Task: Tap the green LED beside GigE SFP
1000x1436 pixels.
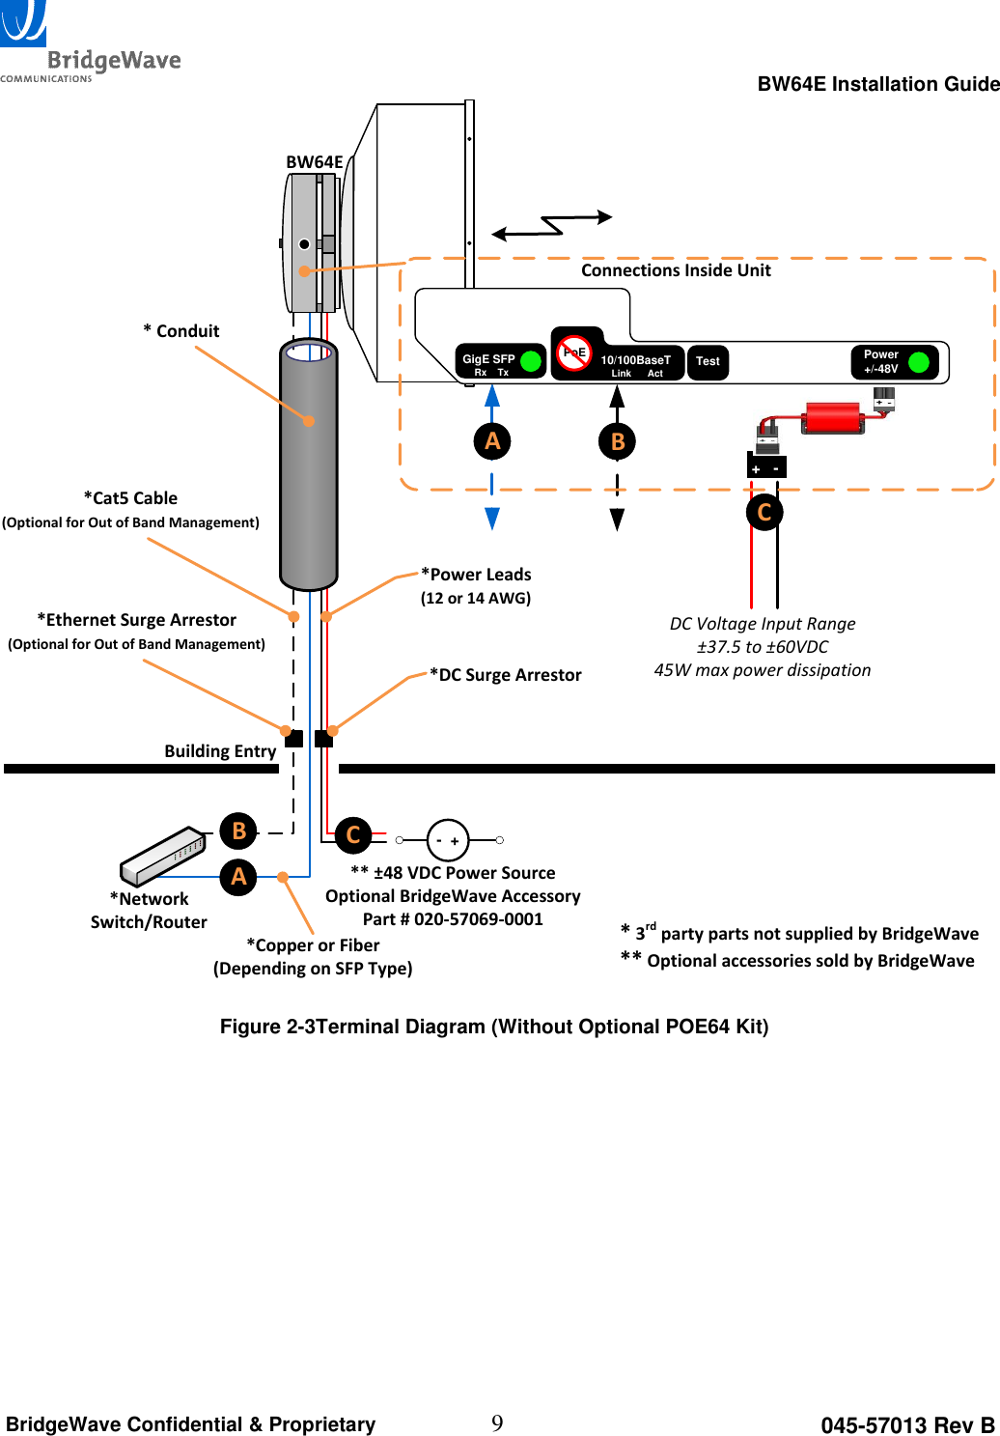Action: coord(530,361)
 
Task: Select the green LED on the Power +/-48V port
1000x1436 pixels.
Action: coord(918,362)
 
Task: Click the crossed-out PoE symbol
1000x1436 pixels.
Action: coord(574,352)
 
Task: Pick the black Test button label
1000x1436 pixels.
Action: coord(708,362)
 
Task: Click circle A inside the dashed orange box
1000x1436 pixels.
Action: coord(492,441)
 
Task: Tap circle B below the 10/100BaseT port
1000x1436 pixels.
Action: coord(618,442)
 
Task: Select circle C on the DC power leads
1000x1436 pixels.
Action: coord(764,512)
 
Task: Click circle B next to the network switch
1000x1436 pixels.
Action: coord(238,831)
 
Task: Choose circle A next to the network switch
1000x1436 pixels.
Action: coord(238,877)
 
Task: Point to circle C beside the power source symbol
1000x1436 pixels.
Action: coord(353,834)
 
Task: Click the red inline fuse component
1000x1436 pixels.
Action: coord(832,418)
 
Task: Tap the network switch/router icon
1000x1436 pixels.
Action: coord(163,856)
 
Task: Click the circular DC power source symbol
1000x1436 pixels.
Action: coord(448,840)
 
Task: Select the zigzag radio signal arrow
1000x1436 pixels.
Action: coord(552,225)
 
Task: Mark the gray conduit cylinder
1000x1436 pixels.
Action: coord(309,464)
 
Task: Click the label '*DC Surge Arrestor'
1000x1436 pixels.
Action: coord(506,675)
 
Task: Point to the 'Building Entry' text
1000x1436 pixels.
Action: coord(220,751)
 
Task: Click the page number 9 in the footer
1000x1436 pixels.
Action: coord(497,1423)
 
